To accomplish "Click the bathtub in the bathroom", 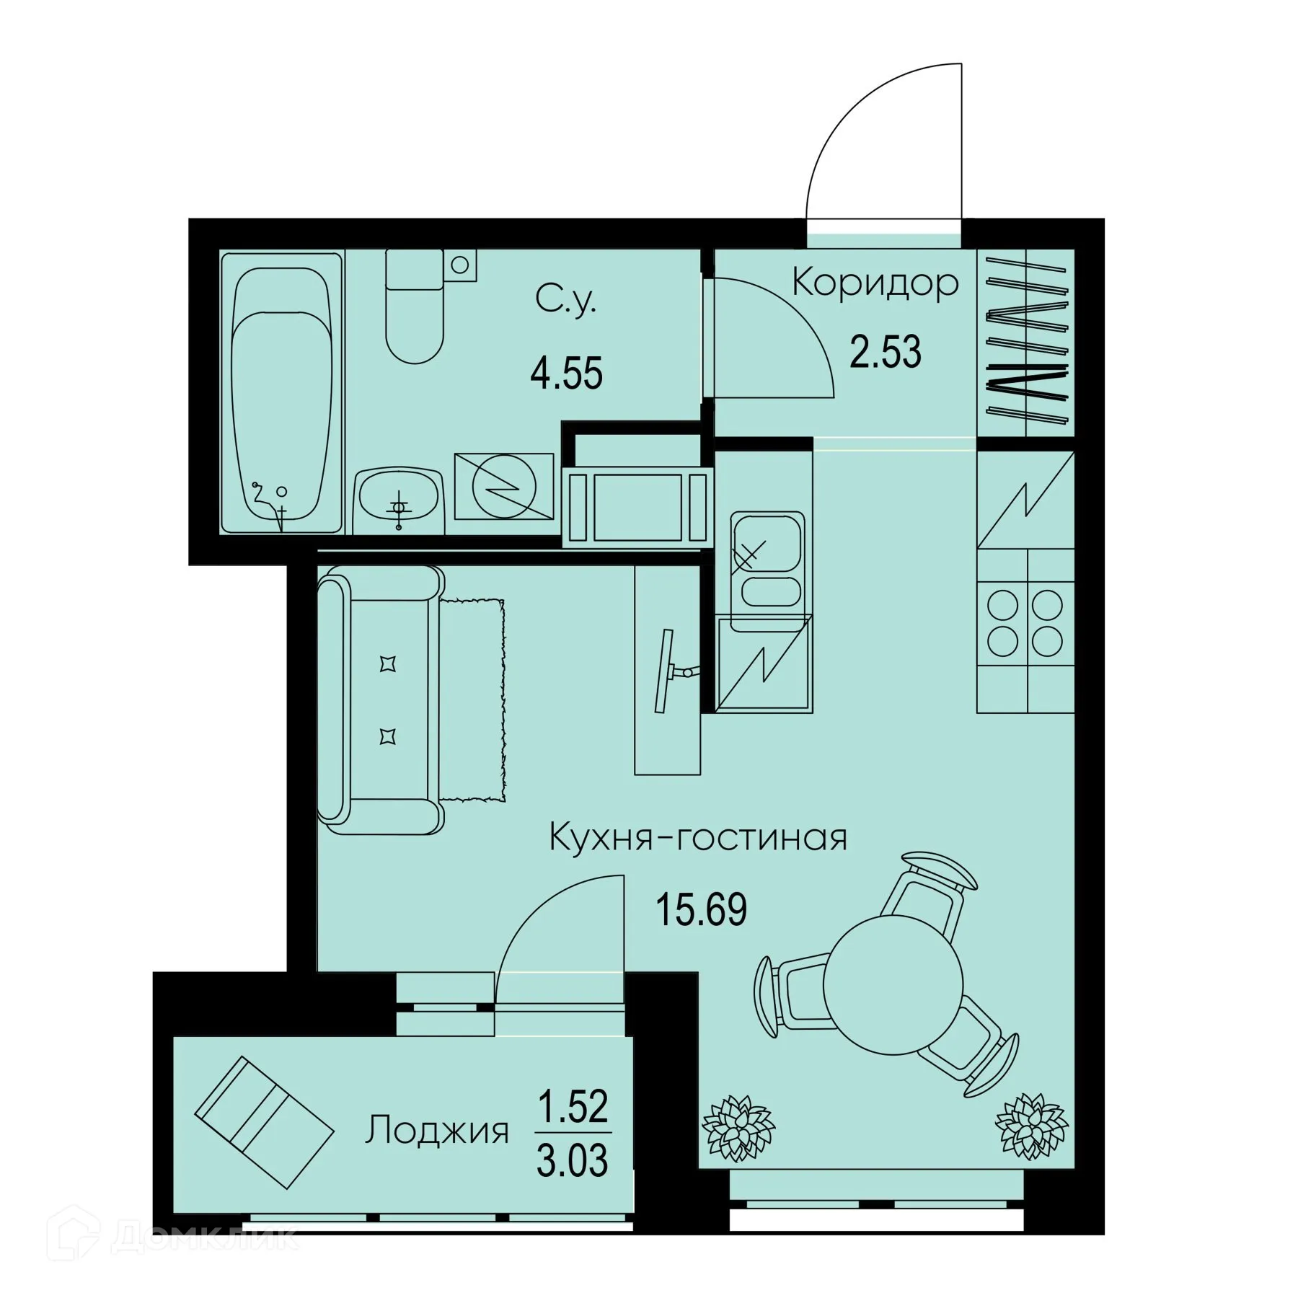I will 281,393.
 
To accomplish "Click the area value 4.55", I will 566,374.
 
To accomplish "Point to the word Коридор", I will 875,283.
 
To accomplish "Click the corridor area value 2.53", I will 885,353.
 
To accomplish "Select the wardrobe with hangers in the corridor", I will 1026,343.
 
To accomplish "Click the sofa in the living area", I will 382,699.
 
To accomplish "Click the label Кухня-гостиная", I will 697,838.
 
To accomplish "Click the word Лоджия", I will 437,1130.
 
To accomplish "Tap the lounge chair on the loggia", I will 264,1121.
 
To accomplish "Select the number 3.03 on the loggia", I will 572,1160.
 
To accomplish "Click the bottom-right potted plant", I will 1030,1126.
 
